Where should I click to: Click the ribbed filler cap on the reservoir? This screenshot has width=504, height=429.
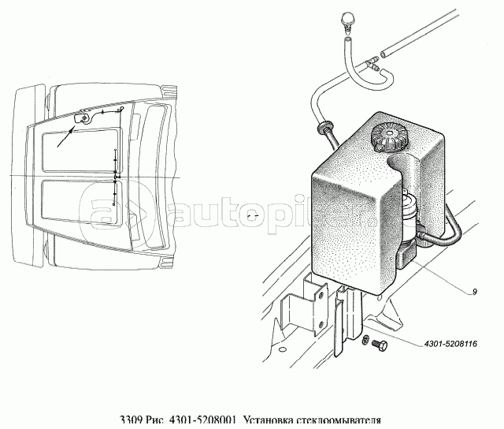point(390,139)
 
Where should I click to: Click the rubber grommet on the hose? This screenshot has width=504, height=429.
point(323,127)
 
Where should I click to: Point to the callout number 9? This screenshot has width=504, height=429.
point(476,293)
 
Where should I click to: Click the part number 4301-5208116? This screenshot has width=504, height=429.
point(450,343)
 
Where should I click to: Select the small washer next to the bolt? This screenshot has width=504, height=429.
point(368,339)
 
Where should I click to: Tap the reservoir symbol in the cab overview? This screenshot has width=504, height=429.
point(81,119)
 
